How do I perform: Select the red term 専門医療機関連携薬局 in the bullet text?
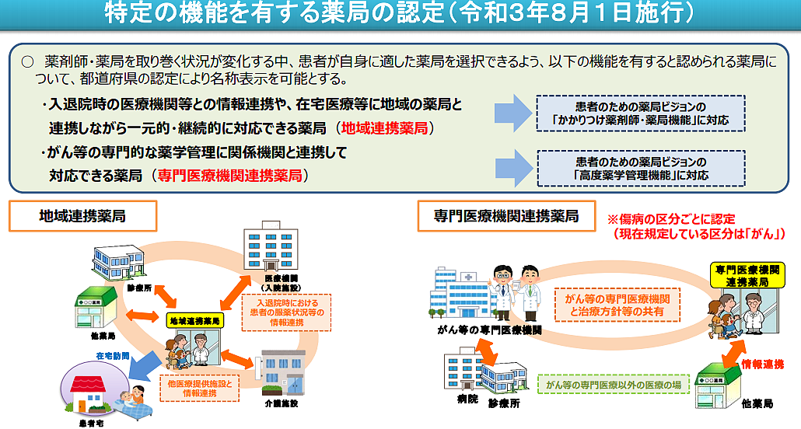pyautogui.click(x=229, y=176)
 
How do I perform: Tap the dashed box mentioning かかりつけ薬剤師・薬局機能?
pyautogui.click(x=641, y=113)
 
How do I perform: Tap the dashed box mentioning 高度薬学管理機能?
pyautogui.click(x=641, y=169)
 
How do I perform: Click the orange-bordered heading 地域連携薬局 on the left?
pyautogui.click(x=82, y=217)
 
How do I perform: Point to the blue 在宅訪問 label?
pyautogui.click(x=113, y=357)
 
